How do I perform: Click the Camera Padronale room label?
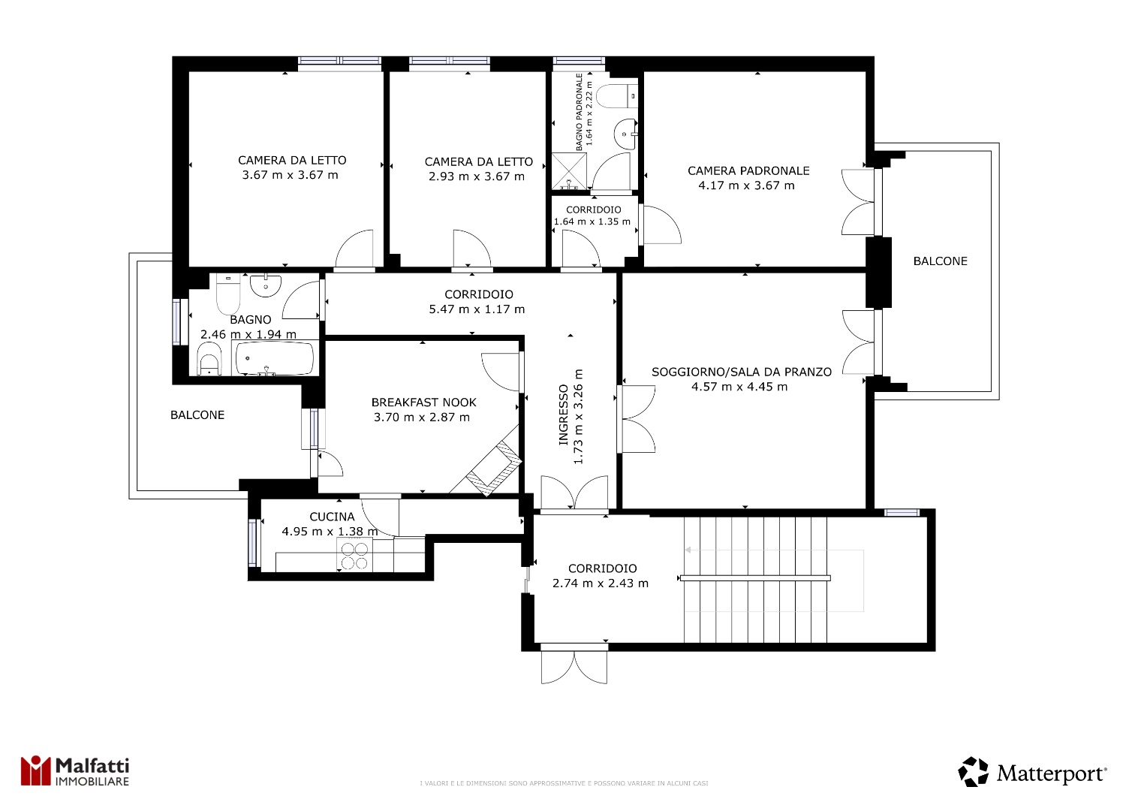pyautogui.click(x=748, y=171)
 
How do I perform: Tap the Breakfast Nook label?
pyautogui.click(x=424, y=403)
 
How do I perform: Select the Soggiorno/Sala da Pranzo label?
pyautogui.click(x=742, y=372)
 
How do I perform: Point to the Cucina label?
pyautogui.click(x=332, y=517)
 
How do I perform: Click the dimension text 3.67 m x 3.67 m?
pyautogui.click(x=290, y=175)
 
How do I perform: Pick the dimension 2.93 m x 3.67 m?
pyautogui.click(x=477, y=176)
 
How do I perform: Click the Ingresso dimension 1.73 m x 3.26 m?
pyautogui.click(x=578, y=416)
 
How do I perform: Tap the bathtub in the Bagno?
pyautogui.click(x=275, y=358)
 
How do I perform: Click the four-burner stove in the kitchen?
pyautogui.click(x=354, y=555)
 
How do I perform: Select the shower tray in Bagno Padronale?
pyautogui.click(x=569, y=171)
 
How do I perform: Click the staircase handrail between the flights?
pyautogui.click(x=755, y=578)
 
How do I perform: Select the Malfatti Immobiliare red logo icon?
pyautogui.click(x=35, y=770)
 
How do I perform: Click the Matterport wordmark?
pyautogui.click(x=1052, y=774)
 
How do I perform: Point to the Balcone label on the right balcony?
pyautogui.click(x=940, y=261)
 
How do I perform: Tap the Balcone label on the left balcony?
pyautogui.click(x=197, y=415)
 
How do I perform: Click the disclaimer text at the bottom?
pyautogui.click(x=564, y=783)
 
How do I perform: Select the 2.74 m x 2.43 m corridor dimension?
pyautogui.click(x=601, y=583)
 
